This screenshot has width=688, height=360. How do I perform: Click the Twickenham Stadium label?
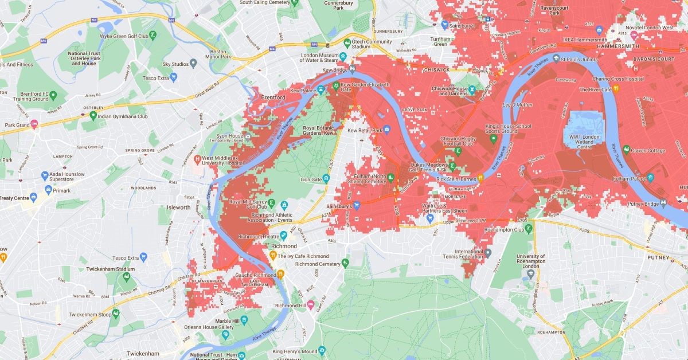pos(106,269)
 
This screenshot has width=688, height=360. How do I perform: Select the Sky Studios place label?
pos(175,64)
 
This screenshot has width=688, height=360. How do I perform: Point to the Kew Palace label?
pos(303,91)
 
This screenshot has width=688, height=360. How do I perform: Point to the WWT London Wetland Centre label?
pos(584,140)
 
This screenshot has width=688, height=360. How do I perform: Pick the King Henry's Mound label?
pos(295,351)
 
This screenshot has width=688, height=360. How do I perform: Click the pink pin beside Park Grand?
pos(34,124)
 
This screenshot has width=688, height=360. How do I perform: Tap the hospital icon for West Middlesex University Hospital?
pos(197,158)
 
